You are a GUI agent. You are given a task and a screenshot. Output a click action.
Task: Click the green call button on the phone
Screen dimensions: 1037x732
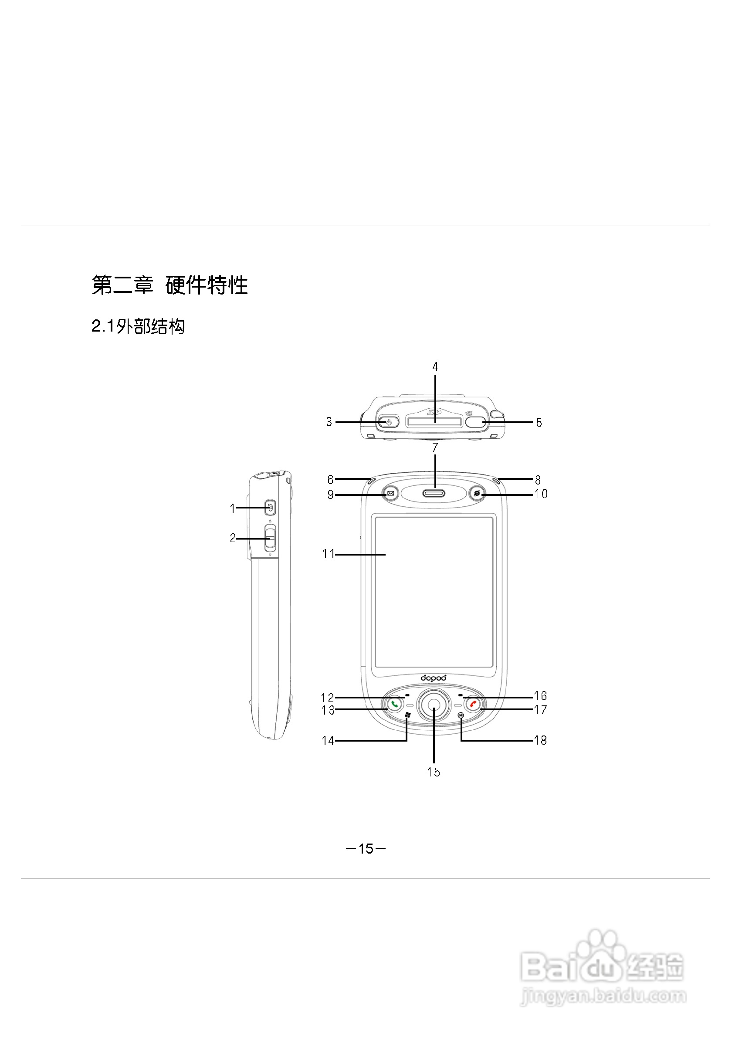click(x=395, y=704)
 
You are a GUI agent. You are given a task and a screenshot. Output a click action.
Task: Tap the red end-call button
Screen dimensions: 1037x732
click(x=473, y=704)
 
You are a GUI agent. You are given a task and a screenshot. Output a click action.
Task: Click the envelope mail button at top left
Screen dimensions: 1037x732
click(x=390, y=493)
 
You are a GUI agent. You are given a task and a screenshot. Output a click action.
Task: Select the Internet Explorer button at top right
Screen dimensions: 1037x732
click(x=477, y=493)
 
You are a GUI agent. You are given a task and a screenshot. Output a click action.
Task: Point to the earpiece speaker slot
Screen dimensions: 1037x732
click(x=434, y=493)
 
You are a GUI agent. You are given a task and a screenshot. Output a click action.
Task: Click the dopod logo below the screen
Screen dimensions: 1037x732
click(x=434, y=678)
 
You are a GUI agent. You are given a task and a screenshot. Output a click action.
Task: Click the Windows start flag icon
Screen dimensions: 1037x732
click(x=407, y=715)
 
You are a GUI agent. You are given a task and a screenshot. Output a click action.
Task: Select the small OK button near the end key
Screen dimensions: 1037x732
click(x=460, y=715)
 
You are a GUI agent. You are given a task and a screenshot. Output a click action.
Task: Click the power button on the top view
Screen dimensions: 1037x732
click(x=388, y=422)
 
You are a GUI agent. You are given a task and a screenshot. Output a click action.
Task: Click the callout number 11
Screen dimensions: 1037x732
click(x=328, y=554)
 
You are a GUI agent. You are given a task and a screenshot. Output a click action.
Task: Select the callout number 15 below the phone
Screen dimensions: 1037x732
click(x=434, y=772)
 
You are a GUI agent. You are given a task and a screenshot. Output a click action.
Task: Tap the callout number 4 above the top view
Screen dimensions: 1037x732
click(x=435, y=367)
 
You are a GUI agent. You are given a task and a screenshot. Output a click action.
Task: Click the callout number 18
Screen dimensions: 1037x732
click(x=540, y=740)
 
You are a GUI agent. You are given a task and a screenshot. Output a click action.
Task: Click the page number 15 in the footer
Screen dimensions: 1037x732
click(x=366, y=849)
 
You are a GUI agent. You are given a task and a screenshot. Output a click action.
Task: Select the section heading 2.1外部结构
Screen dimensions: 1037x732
click(x=138, y=326)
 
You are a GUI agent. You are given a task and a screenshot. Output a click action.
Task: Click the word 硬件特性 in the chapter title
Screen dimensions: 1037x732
click(x=207, y=285)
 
